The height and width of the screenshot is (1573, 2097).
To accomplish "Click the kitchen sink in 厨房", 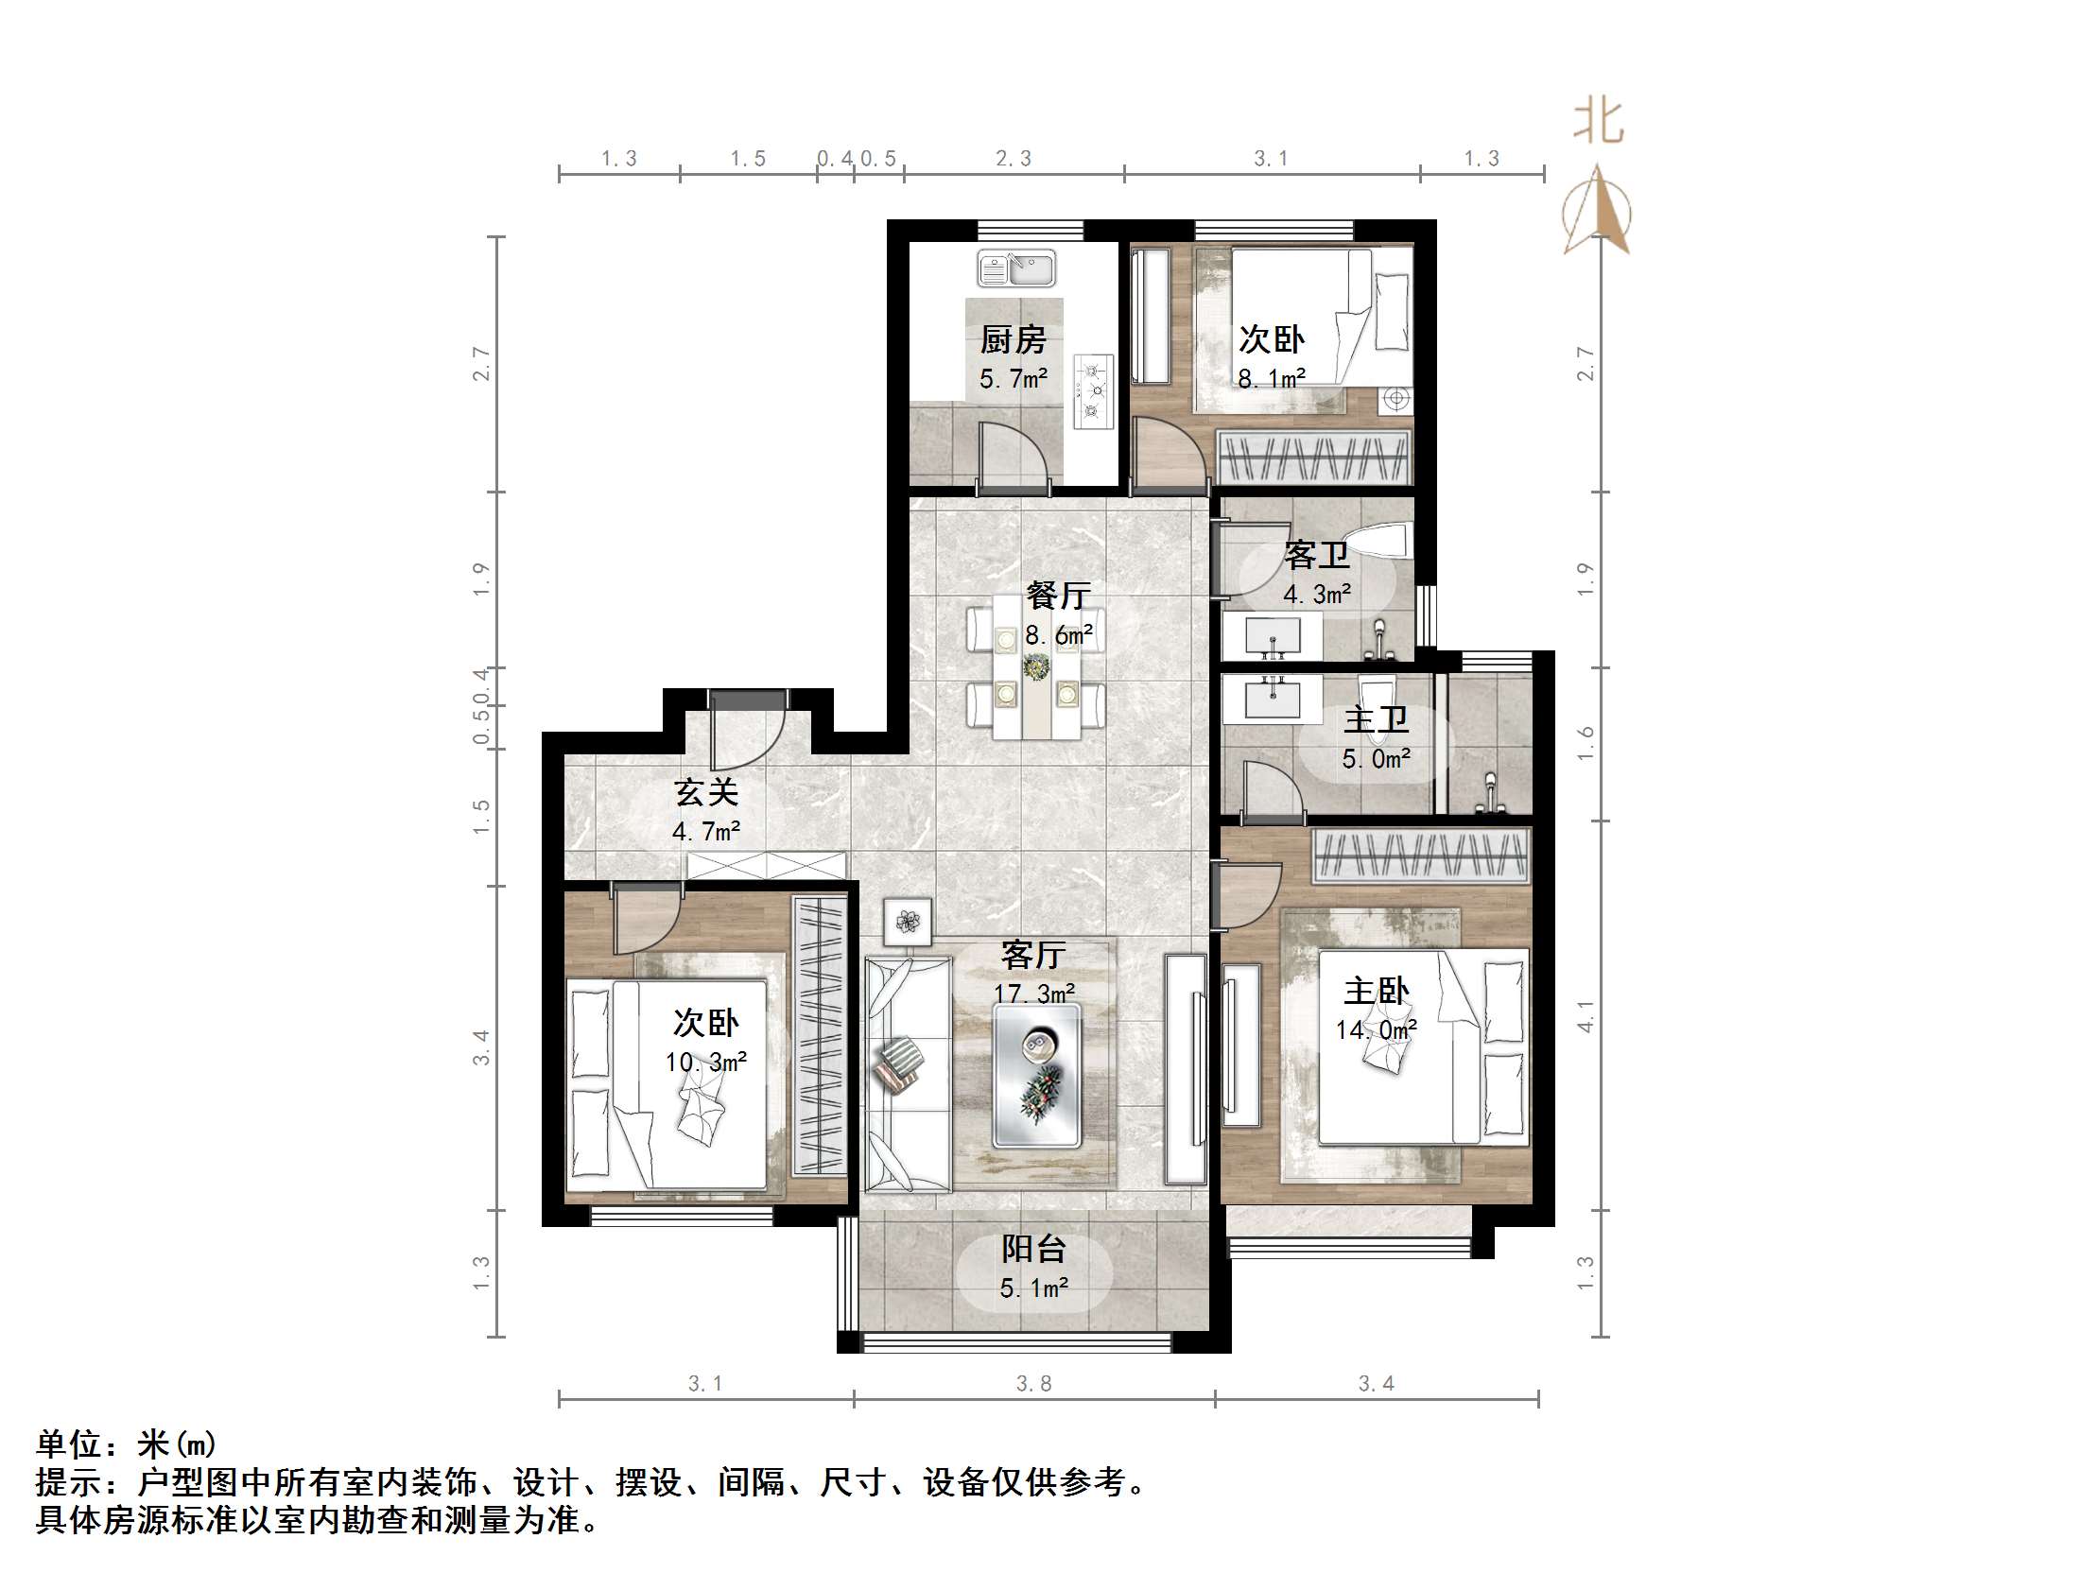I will point(1016,268).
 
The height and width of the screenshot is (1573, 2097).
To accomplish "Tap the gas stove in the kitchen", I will point(1093,390).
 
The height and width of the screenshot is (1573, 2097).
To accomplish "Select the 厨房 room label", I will point(1013,339).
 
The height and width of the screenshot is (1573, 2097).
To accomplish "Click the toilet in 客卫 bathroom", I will point(1378,541).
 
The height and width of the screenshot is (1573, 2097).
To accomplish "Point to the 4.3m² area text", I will point(1317,595).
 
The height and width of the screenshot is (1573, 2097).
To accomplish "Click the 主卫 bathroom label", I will point(1376,719).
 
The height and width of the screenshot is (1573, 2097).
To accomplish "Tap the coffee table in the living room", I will point(1037,1075).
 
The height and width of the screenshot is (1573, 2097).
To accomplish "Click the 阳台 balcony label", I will point(1033,1249).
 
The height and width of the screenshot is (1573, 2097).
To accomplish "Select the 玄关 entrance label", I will point(705,792).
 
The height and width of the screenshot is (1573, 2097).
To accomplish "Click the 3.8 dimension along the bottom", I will point(1033,1383).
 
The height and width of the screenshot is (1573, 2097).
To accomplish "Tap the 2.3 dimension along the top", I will point(1014,159).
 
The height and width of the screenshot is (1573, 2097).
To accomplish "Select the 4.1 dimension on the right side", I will point(1586,1015).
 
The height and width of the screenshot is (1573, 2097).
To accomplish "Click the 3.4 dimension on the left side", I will point(481,1046).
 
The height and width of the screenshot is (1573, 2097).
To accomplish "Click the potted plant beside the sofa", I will point(909,921).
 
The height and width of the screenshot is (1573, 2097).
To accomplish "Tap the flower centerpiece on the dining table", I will point(1035,666).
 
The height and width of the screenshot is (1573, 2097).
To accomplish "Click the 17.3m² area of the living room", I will point(1033,993).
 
